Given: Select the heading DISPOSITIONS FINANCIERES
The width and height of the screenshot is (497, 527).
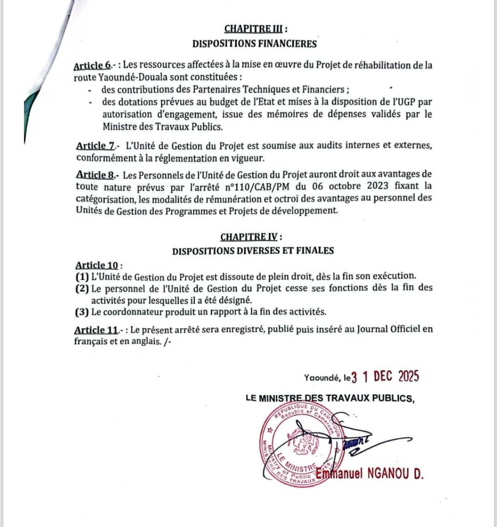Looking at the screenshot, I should [254, 43].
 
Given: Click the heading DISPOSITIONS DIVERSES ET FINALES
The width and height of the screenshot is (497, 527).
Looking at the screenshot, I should [253, 251].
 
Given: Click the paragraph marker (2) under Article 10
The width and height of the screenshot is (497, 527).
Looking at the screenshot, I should [82, 288].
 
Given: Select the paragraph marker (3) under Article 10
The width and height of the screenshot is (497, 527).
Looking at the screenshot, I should [82, 312].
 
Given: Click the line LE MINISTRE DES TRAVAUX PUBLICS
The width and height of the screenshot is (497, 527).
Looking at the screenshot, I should [330, 399].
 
